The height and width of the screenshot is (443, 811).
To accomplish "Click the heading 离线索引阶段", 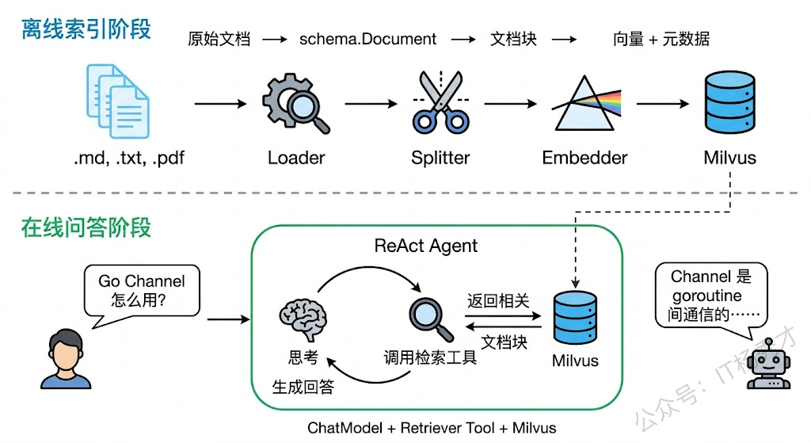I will coord(86,31).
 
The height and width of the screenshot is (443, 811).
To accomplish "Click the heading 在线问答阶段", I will coord(86,228).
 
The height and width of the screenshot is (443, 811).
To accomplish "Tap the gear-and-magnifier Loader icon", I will coord(295,104).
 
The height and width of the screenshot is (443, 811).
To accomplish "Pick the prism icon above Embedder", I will coord(584,104).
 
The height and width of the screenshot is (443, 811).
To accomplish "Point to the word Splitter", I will coord(440,158).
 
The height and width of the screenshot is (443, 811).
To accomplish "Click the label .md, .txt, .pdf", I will coord(128,158).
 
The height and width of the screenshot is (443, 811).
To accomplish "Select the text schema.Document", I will coord(367,39).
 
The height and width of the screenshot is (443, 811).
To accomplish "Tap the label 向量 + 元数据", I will coord(661,39).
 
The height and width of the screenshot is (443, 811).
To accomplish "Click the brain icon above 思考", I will coord(303,315).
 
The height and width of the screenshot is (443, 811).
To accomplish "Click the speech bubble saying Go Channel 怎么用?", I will coord(142,292).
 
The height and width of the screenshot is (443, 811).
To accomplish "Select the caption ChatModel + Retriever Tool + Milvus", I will coord(432,428).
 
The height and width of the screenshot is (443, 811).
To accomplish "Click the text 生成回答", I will coord(303,388).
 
